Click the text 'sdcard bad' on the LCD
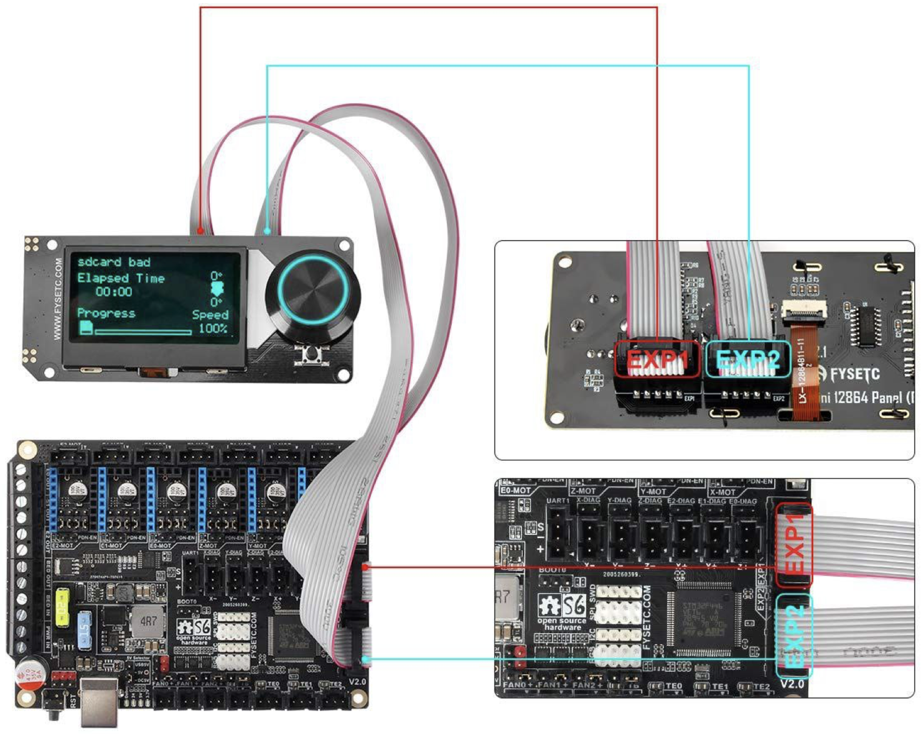113,262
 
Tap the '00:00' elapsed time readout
114,292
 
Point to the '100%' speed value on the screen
213,328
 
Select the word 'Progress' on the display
106,313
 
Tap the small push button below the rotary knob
310,355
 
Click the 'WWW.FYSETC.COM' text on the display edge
58,299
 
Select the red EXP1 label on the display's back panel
657,359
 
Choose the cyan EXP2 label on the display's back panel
747,359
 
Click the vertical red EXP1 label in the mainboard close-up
793,545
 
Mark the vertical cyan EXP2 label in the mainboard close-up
793,636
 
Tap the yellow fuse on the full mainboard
62,606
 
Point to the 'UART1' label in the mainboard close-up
558,500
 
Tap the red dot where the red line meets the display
200,231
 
